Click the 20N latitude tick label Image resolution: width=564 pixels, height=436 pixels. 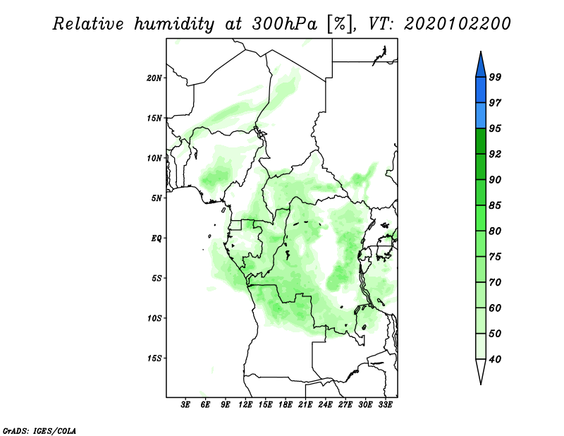(154, 78)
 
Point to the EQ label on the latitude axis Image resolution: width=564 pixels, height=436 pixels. (156, 238)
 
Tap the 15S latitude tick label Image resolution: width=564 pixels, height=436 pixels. (154, 358)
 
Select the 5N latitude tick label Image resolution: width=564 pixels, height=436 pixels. (157, 198)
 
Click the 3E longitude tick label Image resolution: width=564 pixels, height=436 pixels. (185, 405)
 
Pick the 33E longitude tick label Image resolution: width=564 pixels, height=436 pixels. (385, 405)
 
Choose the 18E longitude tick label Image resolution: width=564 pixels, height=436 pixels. (286, 405)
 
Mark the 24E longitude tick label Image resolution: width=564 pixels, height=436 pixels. (325, 405)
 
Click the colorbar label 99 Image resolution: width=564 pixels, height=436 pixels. (495, 77)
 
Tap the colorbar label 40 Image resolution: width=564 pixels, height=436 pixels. (495, 359)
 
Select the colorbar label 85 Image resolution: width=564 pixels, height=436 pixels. (495, 205)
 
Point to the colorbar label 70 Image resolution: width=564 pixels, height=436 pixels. (495, 282)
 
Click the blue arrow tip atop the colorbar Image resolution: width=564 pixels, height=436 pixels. (481, 52)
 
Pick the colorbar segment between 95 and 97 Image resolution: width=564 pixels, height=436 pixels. (481, 116)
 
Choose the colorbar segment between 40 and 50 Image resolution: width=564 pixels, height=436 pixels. (481, 346)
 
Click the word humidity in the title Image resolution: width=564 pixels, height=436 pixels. (174, 25)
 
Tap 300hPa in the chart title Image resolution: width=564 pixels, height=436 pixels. (285, 24)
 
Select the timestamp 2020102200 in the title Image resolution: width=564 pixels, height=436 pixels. (457, 24)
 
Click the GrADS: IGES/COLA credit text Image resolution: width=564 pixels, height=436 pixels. (39, 431)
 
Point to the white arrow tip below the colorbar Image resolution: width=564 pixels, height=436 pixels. (481, 384)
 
